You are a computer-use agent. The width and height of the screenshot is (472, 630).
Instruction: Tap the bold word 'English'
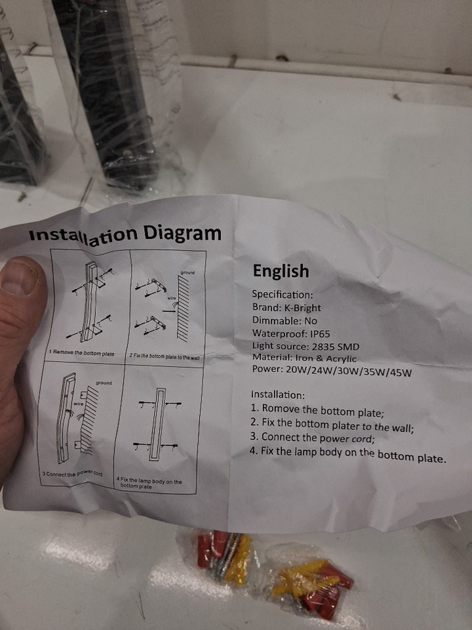[281, 271]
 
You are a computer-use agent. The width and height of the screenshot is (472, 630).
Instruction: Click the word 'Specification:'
[282, 295]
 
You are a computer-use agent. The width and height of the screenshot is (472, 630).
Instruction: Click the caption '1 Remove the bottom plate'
[81, 353]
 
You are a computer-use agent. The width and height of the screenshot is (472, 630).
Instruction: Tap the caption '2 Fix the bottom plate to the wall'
[165, 356]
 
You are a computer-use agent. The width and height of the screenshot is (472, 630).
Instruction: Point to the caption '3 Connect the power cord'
[72, 473]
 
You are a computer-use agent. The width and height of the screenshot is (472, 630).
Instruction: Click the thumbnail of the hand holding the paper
[19, 277]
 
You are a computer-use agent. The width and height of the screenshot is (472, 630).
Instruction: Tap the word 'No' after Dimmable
[311, 321]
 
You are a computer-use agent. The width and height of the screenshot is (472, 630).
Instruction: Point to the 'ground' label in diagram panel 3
[104, 383]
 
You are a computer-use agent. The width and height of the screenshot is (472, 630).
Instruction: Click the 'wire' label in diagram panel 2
[171, 298]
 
